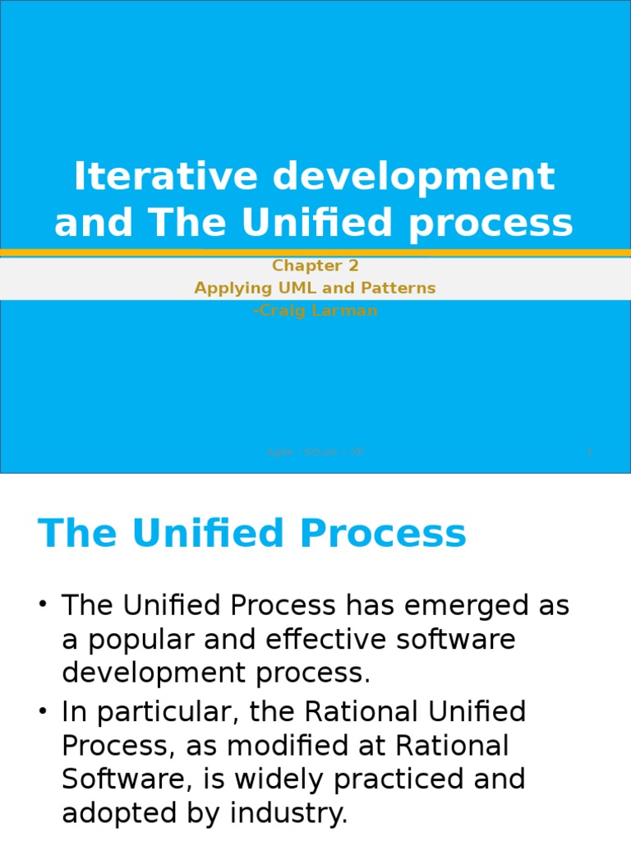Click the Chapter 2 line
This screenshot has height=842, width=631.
click(315, 266)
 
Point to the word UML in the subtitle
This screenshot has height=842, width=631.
click(279, 288)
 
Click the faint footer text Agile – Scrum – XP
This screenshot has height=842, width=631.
click(315, 452)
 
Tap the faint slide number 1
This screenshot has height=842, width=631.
click(589, 452)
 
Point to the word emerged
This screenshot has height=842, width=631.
click(467, 606)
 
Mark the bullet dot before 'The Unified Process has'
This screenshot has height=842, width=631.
click(44, 606)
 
